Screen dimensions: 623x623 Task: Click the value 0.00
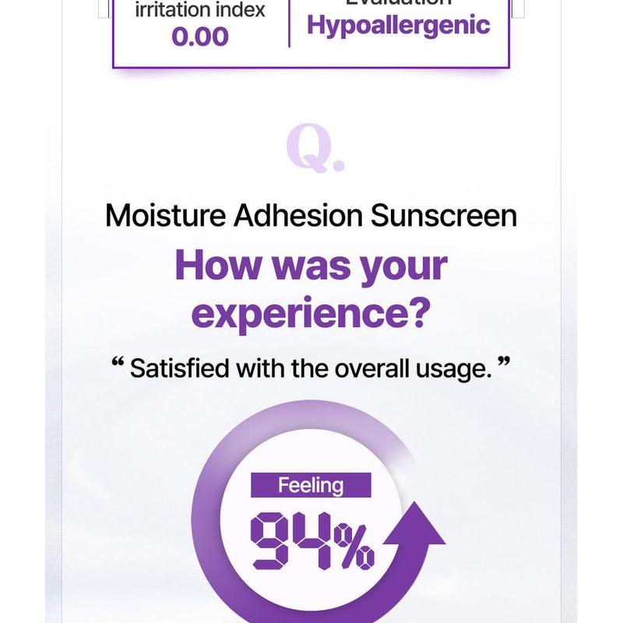pyautogui.click(x=200, y=37)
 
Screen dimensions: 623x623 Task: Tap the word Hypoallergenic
pyautogui.click(x=398, y=25)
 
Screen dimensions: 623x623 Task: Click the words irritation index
pyautogui.click(x=200, y=10)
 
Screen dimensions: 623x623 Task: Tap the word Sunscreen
pyautogui.click(x=443, y=216)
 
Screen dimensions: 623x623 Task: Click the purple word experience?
pyautogui.click(x=311, y=312)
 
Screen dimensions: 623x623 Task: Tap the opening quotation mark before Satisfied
pyautogui.click(x=118, y=363)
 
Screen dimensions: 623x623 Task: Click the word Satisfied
pyautogui.click(x=180, y=368)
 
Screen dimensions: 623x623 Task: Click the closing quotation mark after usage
pyautogui.click(x=503, y=363)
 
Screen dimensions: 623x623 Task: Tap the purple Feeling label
pyautogui.click(x=311, y=486)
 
